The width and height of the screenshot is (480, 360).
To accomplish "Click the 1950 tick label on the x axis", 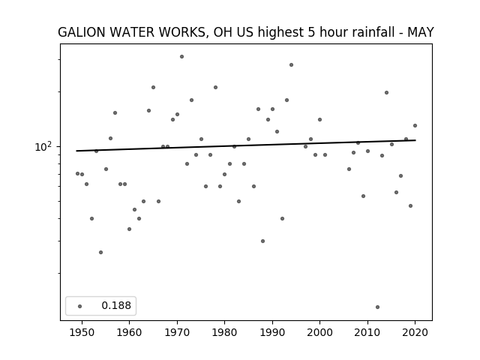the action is click(x=82, y=332).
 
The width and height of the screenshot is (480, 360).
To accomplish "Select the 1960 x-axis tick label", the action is click(x=129, y=332).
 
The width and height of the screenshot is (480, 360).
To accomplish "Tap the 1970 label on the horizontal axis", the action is click(x=177, y=332).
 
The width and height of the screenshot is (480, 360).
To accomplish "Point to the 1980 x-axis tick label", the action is click(x=224, y=332).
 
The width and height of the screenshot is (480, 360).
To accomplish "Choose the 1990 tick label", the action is click(x=272, y=332).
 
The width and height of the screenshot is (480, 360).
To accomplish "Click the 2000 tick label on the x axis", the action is click(x=319, y=332).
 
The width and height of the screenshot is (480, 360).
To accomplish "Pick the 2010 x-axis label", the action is click(x=367, y=332).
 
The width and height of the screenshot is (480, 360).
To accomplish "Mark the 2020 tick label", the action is click(x=415, y=332).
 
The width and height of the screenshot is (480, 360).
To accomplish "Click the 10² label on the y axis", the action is click(x=43, y=147).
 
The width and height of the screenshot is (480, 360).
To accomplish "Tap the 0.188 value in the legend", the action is click(x=116, y=305).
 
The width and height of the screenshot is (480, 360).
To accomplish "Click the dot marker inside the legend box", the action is click(x=80, y=306).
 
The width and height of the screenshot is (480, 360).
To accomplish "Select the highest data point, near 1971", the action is click(x=181, y=57).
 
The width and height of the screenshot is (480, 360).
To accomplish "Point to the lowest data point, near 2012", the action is click(x=377, y=307).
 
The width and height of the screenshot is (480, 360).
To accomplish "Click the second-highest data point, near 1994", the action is click(x=292, y=65).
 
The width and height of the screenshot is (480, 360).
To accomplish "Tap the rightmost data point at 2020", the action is click(x=415, y=125).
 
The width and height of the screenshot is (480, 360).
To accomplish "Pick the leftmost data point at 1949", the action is click(x=77, y=173).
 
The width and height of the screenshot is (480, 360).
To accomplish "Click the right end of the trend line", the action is click(x=415, y=140).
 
